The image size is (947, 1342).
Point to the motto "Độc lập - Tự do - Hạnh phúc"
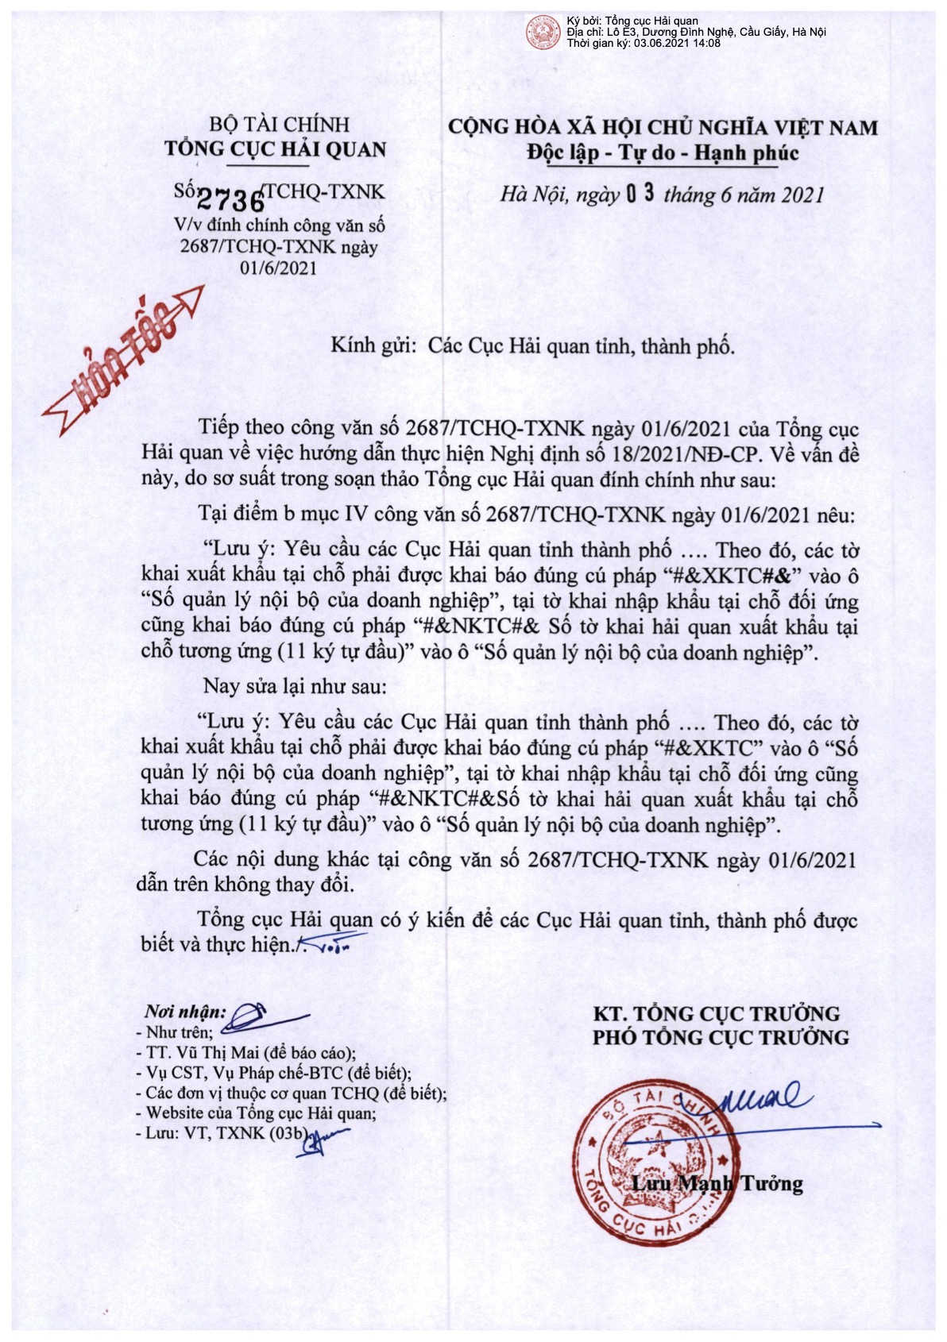(x=663, y=152)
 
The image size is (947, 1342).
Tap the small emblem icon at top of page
(x=543, y=31)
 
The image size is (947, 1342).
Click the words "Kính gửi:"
(x=373, y=345)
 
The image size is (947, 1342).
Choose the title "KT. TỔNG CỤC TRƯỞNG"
(x=716, y=1013)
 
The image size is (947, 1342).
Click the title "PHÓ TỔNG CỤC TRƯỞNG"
(x=721, y=1038)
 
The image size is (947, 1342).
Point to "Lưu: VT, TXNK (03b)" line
(x=226, y=1133)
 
